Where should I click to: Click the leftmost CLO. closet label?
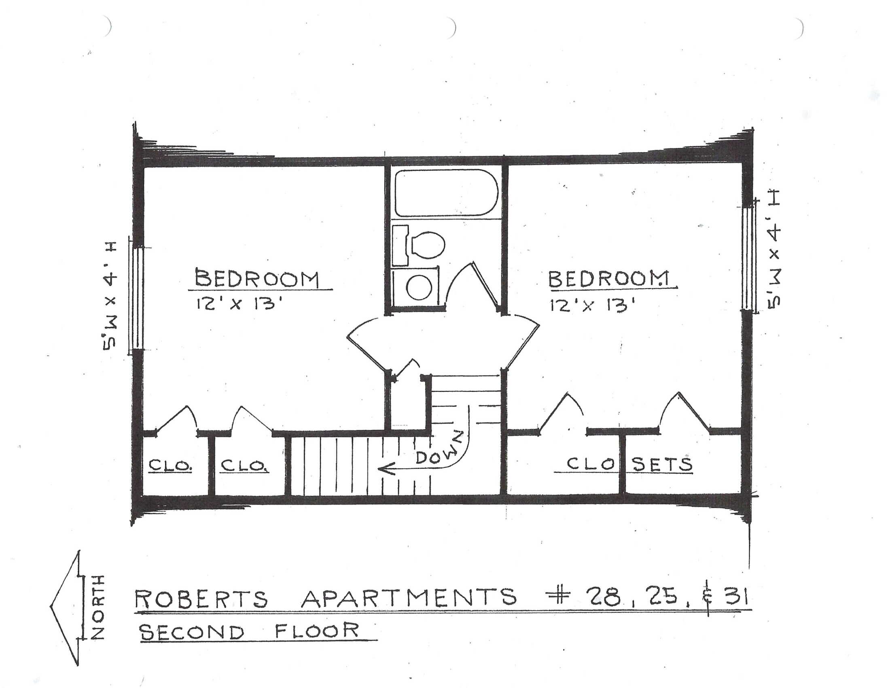[170, 465]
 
